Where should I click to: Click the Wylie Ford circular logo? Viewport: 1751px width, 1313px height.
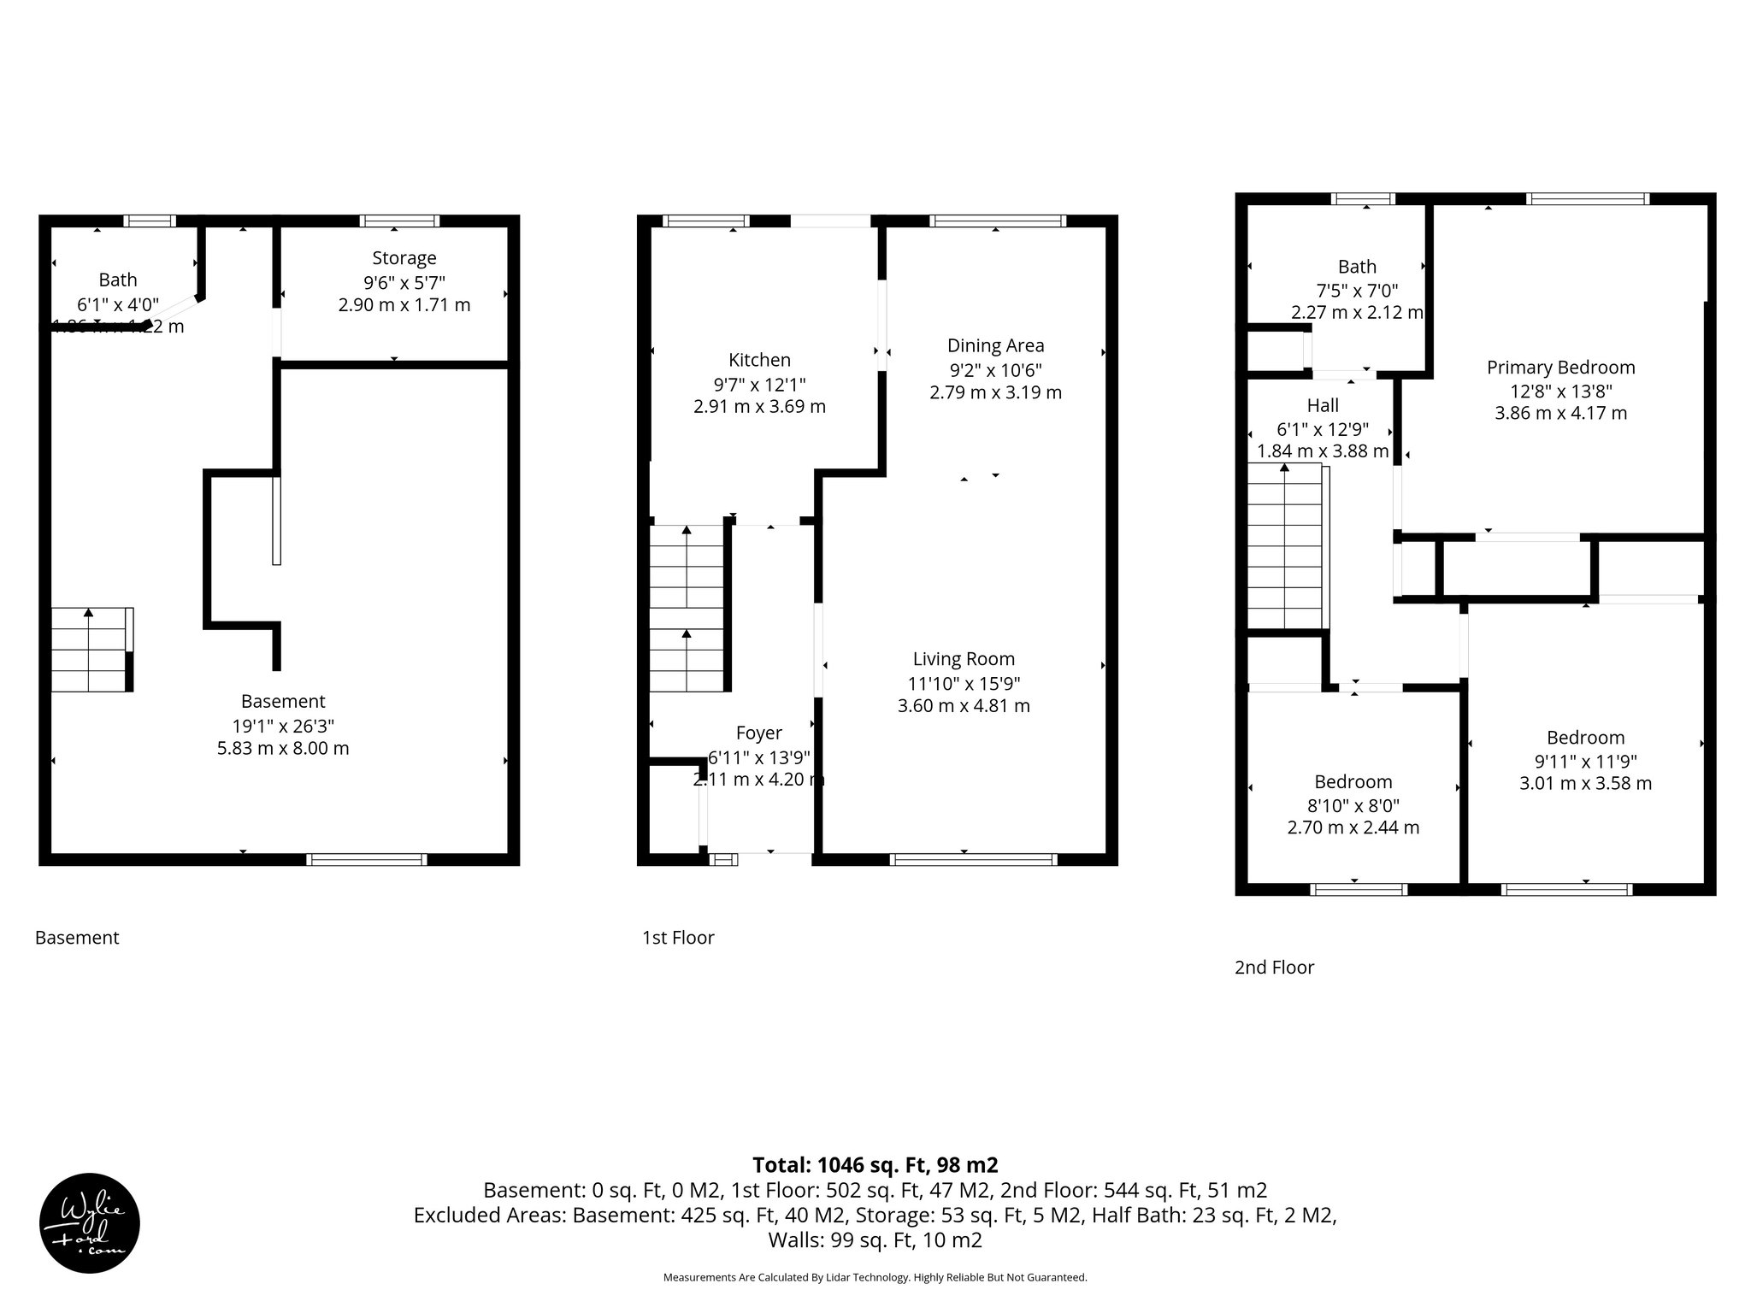[90, 1223]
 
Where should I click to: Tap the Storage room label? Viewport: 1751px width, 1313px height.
[404, 258]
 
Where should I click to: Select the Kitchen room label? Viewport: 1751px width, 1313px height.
[759, 360]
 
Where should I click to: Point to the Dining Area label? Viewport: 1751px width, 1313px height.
[995, 345]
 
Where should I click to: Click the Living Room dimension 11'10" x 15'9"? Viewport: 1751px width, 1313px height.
[964, 683]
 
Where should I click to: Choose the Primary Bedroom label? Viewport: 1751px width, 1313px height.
[1560, 368]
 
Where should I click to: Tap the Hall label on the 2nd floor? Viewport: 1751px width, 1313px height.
[1323, 405]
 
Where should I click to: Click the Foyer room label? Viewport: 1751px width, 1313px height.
[758, 733]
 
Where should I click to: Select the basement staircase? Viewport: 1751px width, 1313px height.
[91, 649]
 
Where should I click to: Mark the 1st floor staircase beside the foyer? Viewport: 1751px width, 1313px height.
[687, 608]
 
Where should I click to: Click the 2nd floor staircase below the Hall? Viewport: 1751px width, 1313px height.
[1285, 546]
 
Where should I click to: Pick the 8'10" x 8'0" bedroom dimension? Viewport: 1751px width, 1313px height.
[1353, 805]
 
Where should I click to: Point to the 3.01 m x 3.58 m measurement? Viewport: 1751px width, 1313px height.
[1585, 783]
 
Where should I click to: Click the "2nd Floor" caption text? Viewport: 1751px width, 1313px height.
[1274, 967]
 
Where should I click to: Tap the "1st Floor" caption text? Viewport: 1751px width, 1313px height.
[678, 938]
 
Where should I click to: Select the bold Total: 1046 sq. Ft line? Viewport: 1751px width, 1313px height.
[875, 1165]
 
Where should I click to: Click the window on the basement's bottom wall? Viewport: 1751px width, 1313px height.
[366, 860]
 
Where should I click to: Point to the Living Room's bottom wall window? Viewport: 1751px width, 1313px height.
[973, 860]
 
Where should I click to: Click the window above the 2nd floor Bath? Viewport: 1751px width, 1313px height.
[1364, 199]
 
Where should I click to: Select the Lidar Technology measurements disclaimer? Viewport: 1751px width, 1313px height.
[875, 1277]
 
